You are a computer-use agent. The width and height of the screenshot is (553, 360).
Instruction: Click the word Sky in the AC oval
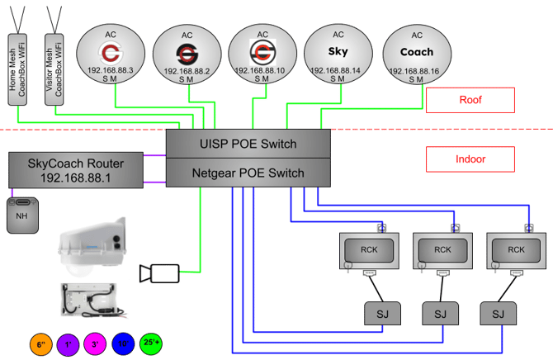point(338,51)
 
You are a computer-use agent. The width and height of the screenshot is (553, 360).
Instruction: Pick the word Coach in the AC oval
point(417,51)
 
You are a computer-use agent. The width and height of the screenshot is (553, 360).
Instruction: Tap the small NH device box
point(22,216)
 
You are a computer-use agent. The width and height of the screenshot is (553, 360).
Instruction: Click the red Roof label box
point(470,100)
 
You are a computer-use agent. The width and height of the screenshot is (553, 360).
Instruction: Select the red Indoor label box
point(470,159)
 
